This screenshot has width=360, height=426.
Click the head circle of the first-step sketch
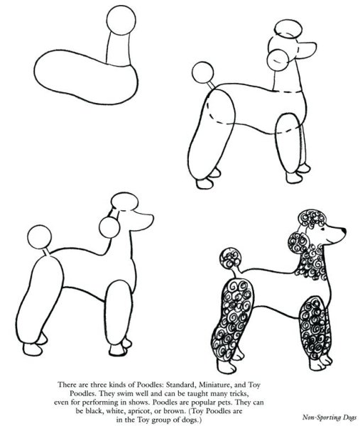[x=121, y=21]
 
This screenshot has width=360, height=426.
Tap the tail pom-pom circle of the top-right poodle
[x=202, y=72]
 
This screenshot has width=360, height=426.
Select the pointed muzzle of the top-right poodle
[x=307, y=50]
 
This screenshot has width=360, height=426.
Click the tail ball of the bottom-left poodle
[x=39, y=237]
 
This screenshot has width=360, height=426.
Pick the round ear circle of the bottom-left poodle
[x=109, y=228]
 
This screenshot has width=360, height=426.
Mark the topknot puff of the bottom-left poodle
[x=125, y=202]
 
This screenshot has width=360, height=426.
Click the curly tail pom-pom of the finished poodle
[x=230, y=258]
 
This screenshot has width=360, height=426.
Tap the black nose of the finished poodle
[x=344, y=231]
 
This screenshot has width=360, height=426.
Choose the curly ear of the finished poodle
[x=298, y=243]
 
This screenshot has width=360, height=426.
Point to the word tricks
[x=237, y=393]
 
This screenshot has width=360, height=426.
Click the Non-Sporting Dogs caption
[x=329, y=417]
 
